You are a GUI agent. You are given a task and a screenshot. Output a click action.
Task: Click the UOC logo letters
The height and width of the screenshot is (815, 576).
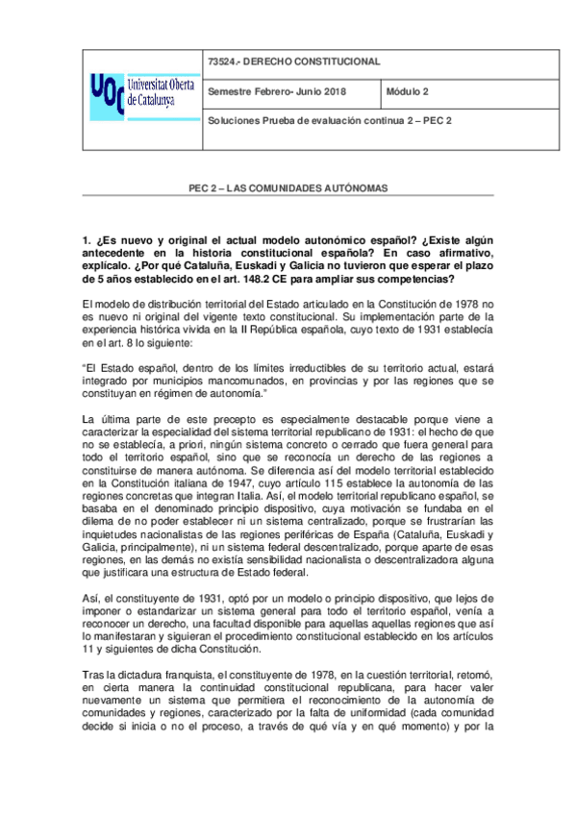106,93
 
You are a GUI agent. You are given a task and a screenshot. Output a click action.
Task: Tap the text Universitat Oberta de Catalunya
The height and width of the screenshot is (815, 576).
160,93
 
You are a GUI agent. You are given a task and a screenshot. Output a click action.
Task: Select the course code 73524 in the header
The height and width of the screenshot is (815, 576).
221,62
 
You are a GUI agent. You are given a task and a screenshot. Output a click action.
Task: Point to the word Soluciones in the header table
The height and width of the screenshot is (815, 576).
234,121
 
